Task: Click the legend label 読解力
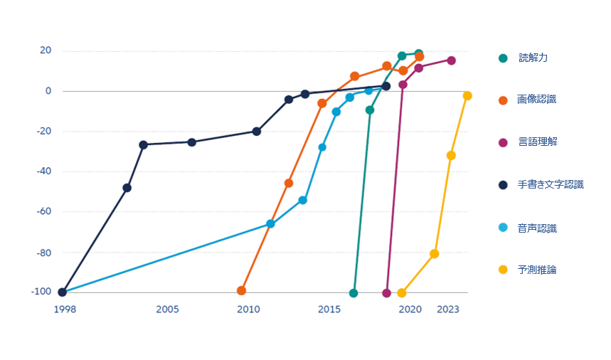[x=533, y=58]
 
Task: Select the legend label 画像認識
[x=536, y=100]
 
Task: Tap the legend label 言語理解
[x=538, y=142]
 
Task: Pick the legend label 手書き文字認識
[x=550, y=185]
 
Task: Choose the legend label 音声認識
[x=537, y=228]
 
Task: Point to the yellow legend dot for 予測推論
[x=503, y=270]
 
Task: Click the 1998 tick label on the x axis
[x=64, y=309]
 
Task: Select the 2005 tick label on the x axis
[x=167, y=309]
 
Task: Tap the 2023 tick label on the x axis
[x=447, y=309]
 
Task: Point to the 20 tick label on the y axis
[x=46, y=51]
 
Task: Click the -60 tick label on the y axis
[x=43, y=211]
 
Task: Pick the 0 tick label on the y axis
[x=48, y=91]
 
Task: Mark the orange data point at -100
[x=241, y=291]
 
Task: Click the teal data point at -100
[x=354, y=293]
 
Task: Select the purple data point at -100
[x=387, y=293]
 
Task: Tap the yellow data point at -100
[x=402, y=293]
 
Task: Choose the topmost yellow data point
[x=467, y=96]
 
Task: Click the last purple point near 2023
[x=451, y=60]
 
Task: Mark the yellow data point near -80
[x=435, y=254]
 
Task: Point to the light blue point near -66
[x=270, y=224]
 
